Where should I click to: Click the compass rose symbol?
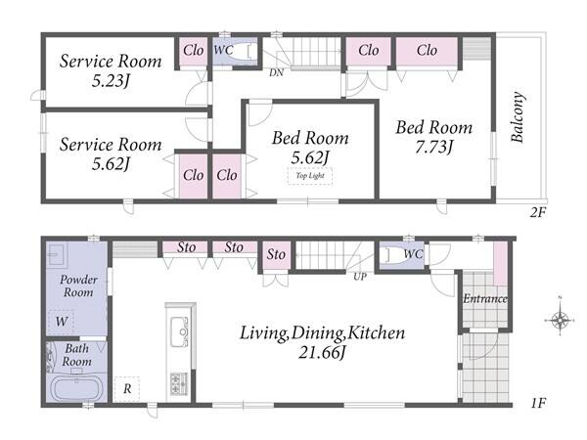(560, 321)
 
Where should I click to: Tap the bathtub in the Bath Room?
(76, 389)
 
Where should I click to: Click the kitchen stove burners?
(179, 384)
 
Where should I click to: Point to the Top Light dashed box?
(310, 176)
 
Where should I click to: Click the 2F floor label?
(538, 213)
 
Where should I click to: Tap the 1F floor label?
(538, 403)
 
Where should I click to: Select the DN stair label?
(276, 72)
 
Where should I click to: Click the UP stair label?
(360, 277)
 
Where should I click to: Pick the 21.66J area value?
(322, 352)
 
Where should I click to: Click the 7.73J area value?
(434, 147)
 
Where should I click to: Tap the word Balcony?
(518, 116)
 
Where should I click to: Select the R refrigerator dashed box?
(127, 389)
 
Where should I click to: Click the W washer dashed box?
(62, 322)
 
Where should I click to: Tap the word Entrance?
(485, 298)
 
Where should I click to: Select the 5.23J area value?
(111, 80)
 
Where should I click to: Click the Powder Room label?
(78, 286)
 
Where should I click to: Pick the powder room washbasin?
(57, 254)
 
